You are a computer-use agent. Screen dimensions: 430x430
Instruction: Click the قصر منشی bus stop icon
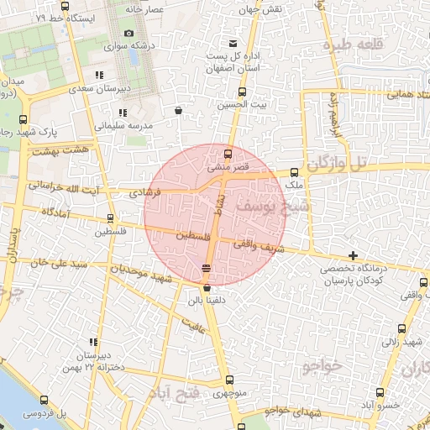tap(228, 154)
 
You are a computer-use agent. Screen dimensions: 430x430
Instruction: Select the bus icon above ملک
tap(293, 171)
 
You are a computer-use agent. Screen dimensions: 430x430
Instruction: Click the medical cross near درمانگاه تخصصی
tap(353, 254)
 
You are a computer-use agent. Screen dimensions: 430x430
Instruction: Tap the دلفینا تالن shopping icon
tap(207, 288)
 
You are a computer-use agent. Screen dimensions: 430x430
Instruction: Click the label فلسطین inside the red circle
tap(192, 238)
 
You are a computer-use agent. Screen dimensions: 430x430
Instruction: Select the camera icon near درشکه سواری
tap(128, 34)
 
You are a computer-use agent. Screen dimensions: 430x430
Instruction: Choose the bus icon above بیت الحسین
tap(243, 92)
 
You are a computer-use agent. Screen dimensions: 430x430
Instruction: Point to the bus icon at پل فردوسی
tap(43, 401)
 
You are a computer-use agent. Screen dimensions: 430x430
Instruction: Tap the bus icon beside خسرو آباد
tap(380, 392)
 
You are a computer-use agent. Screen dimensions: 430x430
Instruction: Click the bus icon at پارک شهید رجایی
tap(22, 119)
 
